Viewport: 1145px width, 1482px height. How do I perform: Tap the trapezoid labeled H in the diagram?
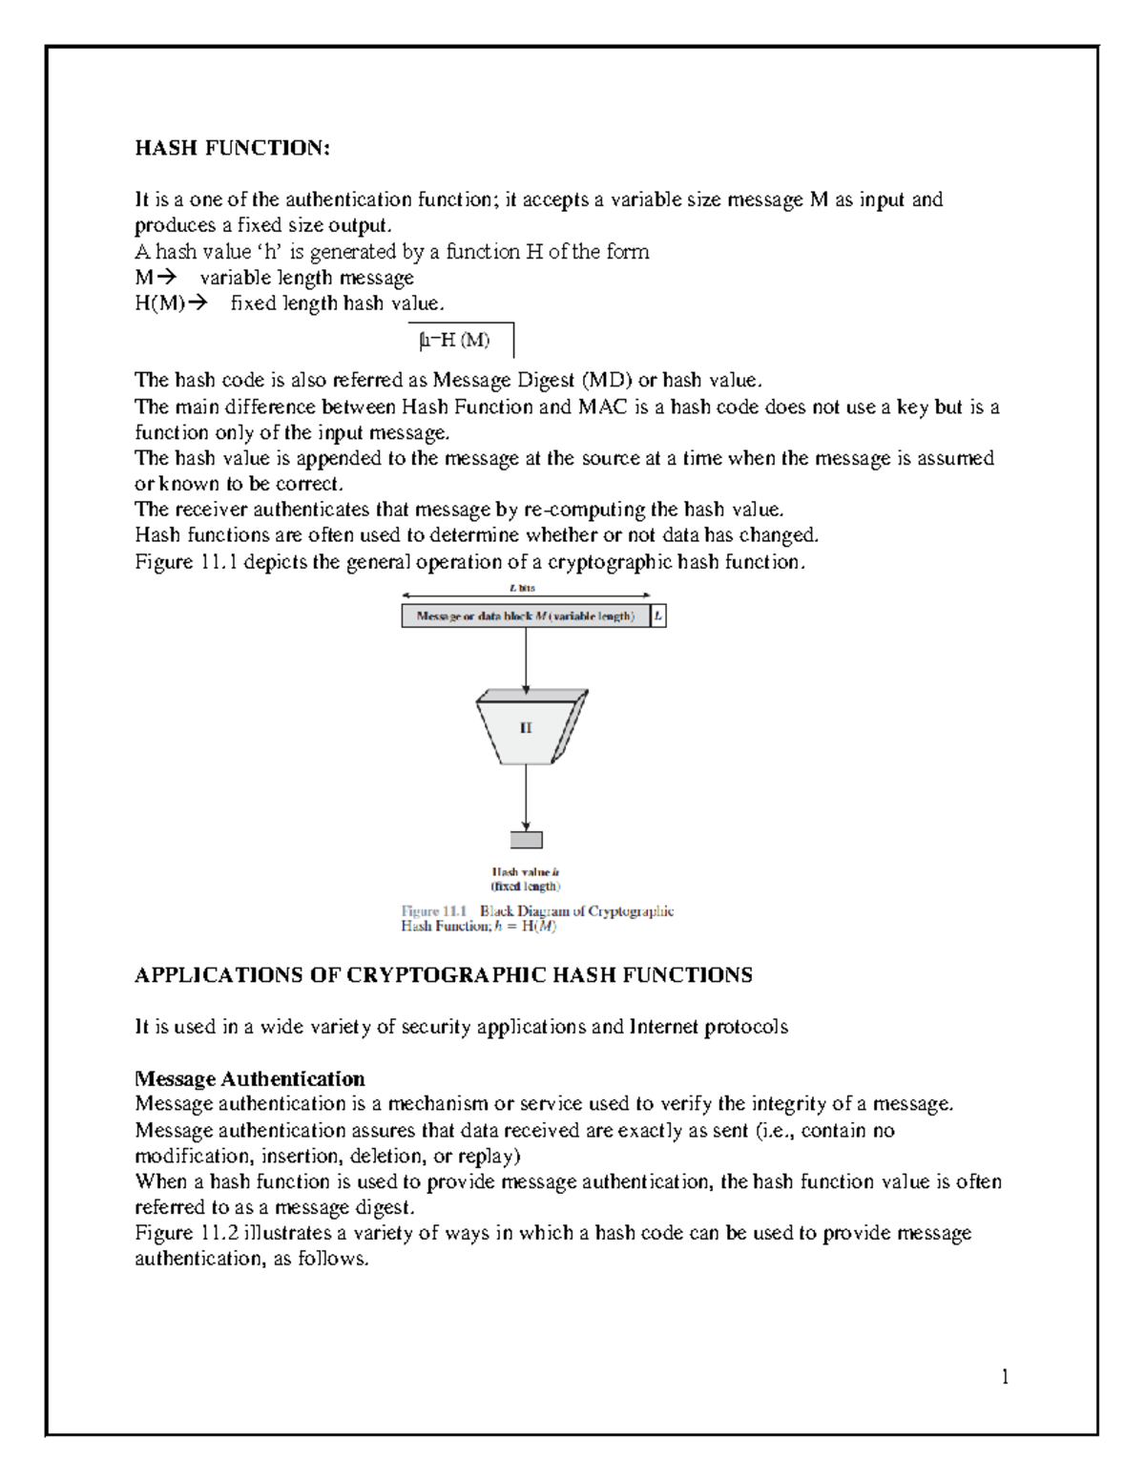[x=527, y=728]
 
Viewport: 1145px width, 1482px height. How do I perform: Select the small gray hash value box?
[x=526, y=840]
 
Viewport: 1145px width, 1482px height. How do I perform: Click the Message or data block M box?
[x=525, y=616]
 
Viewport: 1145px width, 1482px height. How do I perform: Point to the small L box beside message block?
[x=657, y=616]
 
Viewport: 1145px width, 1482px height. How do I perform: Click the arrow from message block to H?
[x=526, y=659]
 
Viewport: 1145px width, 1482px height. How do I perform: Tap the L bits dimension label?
[x=523, y=588]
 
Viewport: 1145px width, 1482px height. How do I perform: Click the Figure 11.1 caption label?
[x=434, y=911]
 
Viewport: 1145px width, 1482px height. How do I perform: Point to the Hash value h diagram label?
[x=526, y=871]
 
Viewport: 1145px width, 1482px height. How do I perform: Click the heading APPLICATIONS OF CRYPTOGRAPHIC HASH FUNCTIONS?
[x=444, y=975]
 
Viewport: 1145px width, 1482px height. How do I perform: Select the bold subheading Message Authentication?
[x=250, y=1078]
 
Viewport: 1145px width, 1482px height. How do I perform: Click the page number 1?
[x=1004, y=1376]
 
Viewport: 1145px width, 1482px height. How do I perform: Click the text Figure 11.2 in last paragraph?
[x=187, y=1233]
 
